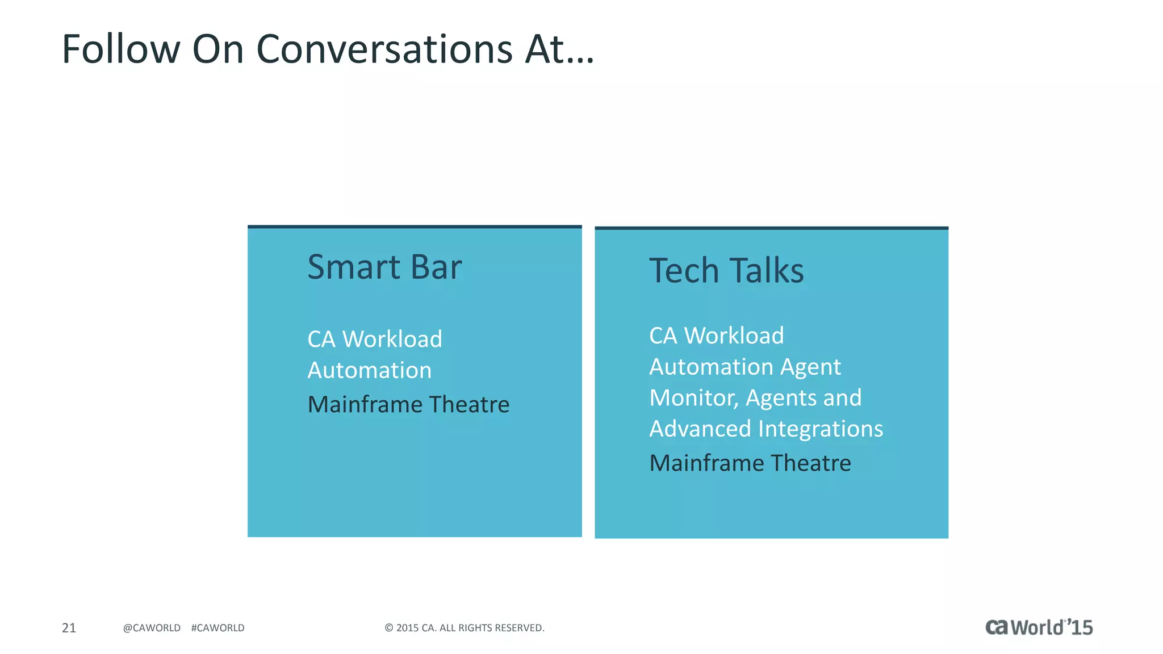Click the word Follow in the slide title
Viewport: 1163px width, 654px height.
(121, 49)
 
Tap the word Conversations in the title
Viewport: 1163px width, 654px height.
(384, 49)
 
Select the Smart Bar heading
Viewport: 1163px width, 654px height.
(384, 267)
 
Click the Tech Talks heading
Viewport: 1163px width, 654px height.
(726, 270)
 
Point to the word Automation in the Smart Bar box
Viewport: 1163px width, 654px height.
(370, 371)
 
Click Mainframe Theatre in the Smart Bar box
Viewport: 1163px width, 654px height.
(408, 405)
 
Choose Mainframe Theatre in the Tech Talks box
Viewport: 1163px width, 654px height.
(750, 463)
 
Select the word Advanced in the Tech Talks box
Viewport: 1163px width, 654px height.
(700, 429)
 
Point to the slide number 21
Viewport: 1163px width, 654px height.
(69, 628)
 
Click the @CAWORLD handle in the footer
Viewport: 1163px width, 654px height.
(152, 628)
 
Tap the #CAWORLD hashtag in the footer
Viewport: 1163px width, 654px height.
(218, 628)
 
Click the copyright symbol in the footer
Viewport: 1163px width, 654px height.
(389, 628)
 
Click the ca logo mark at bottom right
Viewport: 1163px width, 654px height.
(997, 627)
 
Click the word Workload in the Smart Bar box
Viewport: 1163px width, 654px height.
(392, 339)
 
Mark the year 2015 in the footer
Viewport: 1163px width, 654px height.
(407, 628)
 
